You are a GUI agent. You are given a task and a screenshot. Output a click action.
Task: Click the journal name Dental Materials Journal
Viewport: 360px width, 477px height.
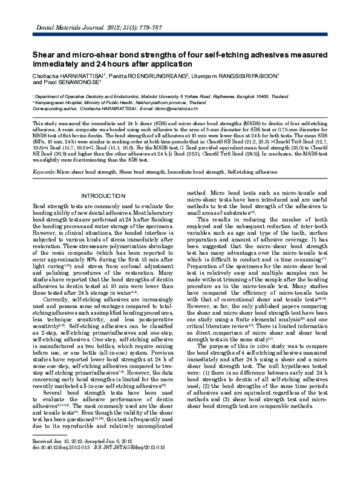tap(54, 28)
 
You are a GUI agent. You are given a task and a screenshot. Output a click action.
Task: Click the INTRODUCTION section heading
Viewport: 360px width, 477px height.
tap(105, 197)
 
